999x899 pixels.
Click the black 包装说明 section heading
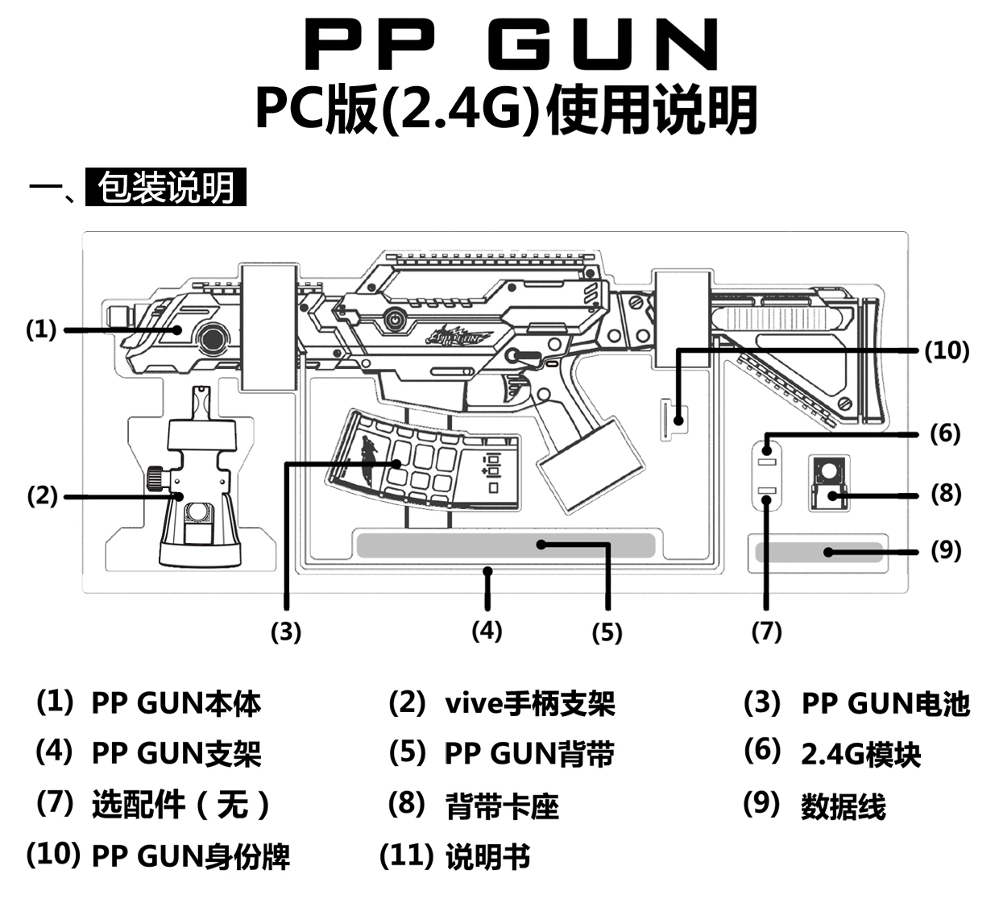pos(165,188)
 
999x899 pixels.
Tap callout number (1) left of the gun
pos(41,329)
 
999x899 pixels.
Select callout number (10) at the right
pos(946,350)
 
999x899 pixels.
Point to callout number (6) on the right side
pos(945,433)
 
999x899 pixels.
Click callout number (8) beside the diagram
pos(946,493)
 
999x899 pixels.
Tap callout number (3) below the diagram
pos(285,632)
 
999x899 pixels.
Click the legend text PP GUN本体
pos(176,703)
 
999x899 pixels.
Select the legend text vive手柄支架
pos(529,703)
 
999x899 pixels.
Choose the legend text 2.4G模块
pos(860,754)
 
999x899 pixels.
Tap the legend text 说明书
pos(487,856)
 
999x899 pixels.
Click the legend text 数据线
pos(843,806)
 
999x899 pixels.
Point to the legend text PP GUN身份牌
pos(190,856)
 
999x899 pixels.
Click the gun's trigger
pos(514,390)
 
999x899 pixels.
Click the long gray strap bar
pos(505,545)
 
